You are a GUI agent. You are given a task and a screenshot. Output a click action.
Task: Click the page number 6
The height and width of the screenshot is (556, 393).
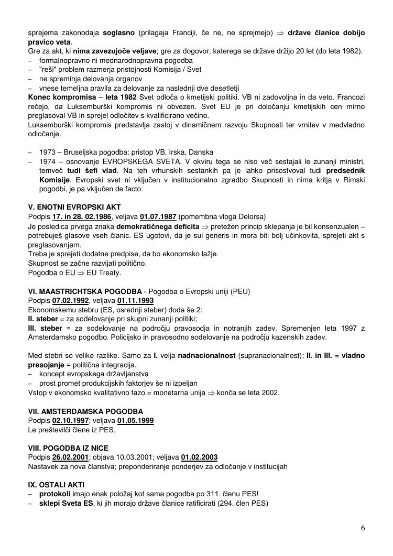[x=363, y=528]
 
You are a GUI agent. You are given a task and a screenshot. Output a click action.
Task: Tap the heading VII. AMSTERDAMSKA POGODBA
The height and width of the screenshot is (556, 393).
[x=85, y=411]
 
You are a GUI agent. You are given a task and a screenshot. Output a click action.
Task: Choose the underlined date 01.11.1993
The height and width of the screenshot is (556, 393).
[x=135, y=301]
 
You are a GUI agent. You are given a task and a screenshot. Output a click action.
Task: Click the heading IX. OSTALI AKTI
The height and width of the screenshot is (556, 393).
[x=56, y=485]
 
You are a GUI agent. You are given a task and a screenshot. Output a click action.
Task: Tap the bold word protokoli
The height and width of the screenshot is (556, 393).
[x=55, y=494]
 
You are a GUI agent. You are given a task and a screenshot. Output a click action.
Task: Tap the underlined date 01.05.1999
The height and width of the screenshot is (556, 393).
[x=136, y=421]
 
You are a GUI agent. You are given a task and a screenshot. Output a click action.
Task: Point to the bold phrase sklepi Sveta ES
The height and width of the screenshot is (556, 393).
[x=66, y=504]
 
